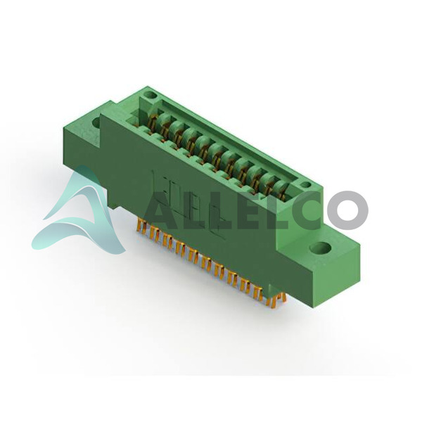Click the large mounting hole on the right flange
(320, 248)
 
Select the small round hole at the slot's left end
(150, 95)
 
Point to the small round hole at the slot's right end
(305, 185)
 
